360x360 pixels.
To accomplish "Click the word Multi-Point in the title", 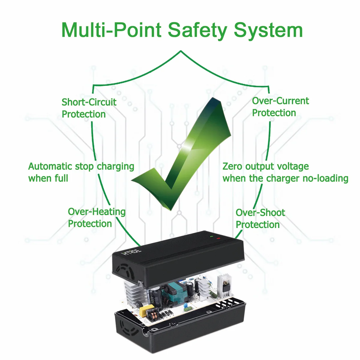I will tap(111, 30).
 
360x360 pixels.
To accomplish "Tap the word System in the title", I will tap(268, 30).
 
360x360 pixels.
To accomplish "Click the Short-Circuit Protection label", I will tap(88, 108).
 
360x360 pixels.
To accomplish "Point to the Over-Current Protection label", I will tap(280, 107).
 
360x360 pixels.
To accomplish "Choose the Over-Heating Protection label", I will tap(96, 217).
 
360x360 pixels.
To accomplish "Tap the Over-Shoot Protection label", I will tap(260, 218).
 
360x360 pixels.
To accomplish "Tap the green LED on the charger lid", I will tap(211, 237).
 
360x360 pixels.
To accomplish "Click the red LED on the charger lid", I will tap(218, 238).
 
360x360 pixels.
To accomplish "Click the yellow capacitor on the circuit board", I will tap(147, 310).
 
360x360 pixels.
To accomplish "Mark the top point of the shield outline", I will tap(181, 51).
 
